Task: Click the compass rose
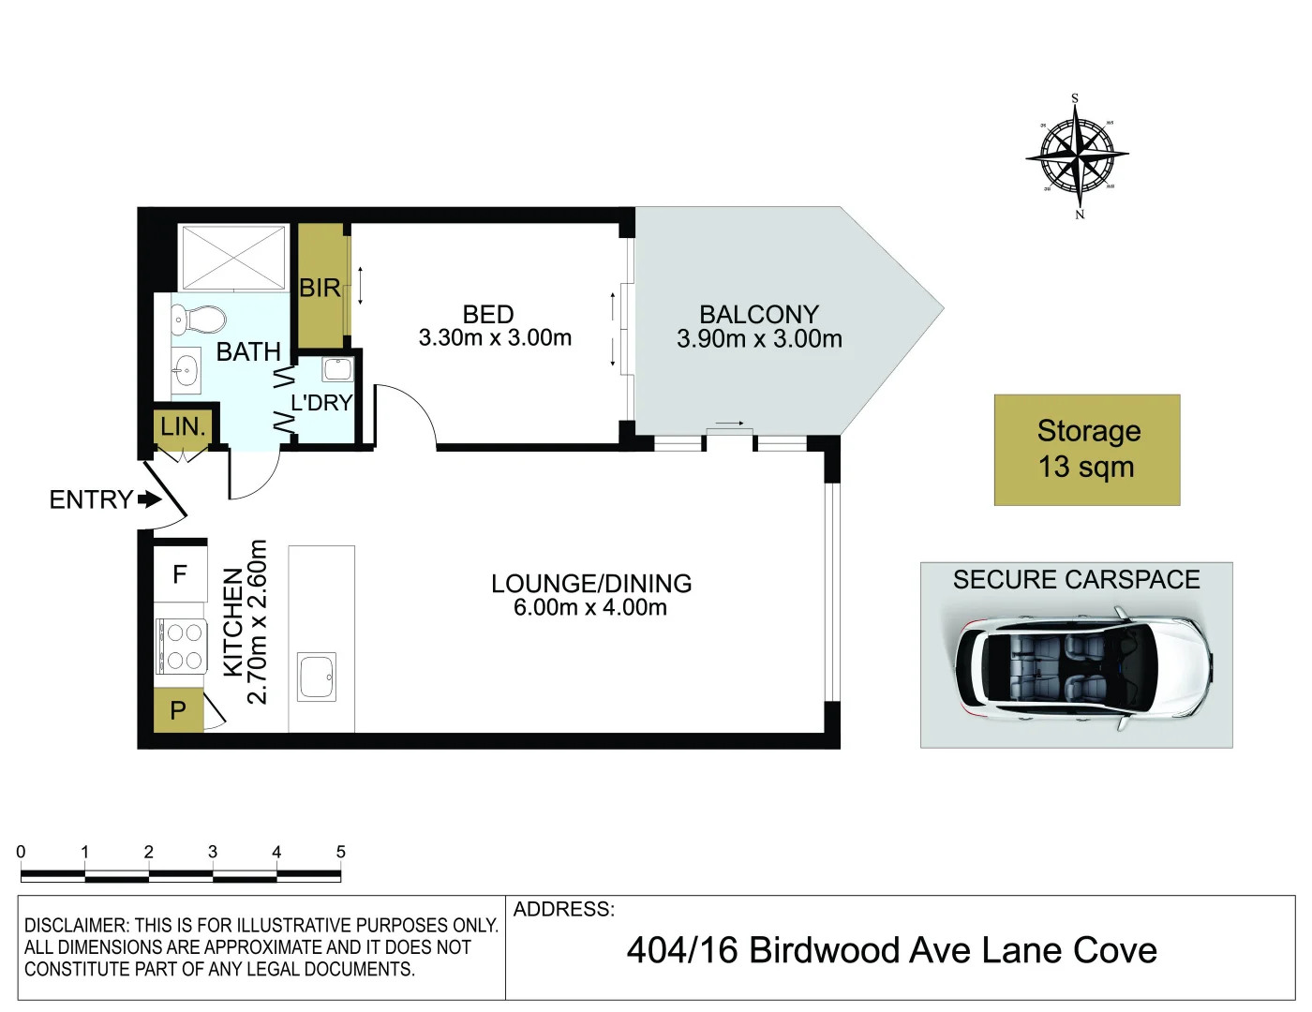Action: click(x=1077, y=156)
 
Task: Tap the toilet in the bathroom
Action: click(x=198, y=320)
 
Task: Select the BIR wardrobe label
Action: click(x=320, y=288)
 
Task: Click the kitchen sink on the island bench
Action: click(x=317, y=677)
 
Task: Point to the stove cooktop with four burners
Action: click(x=182, y=647)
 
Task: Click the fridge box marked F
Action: click(x=180, y=573)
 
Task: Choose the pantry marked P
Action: click(x=178, y=710)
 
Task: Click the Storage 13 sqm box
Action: click(x=1087, y=450)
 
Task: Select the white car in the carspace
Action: click(x=1083, y=669)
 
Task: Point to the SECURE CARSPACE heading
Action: click(x=1076, y=579)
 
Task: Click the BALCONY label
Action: click(x=759, y=315)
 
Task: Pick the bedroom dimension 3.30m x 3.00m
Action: click(x=495, y=338)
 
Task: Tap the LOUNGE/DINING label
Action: click(x=591, y=584)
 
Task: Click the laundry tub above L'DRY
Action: click(x=337, y=369)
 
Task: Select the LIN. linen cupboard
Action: click(x=183, y=427)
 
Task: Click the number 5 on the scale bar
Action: click(x=340, y=852)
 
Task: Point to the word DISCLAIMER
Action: click(x=76, y=925)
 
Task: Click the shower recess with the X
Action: click(x=233, y=258)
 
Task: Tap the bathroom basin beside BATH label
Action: click(x=186, y=367)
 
